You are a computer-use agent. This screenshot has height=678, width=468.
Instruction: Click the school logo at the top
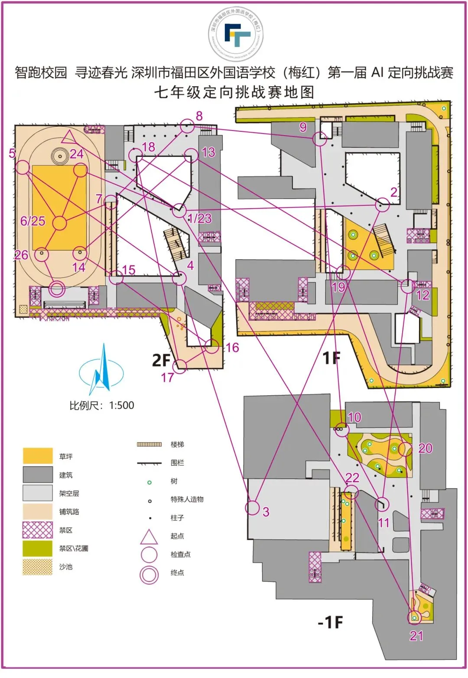[237, 34]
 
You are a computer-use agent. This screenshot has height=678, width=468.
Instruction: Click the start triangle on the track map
[68, 137]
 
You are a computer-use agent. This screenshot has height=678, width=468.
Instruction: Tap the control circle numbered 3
[253, 508]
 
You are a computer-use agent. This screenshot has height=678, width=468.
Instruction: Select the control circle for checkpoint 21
[415, 617]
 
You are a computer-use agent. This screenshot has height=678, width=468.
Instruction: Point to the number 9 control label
[303, 127]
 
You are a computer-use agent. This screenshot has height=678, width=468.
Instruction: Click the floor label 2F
[161, 360]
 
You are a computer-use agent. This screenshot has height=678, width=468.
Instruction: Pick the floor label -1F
[330, 623]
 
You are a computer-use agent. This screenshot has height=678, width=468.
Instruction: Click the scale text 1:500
[121, 405]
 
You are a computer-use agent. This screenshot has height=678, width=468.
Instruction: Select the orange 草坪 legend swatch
[38, 456]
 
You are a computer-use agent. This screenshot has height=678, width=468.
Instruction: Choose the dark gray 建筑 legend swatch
[38, 475]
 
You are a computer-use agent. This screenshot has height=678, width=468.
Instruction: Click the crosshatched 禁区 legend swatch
[38, 530]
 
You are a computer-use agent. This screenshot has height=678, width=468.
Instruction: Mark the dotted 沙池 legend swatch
[38, 567]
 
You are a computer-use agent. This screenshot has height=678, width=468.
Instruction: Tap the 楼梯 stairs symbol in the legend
[149, 444]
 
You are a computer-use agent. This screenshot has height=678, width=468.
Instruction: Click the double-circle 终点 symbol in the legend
[149, 575]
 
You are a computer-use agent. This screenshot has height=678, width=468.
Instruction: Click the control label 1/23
[200, 218]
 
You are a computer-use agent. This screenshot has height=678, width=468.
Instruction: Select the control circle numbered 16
[212, 346]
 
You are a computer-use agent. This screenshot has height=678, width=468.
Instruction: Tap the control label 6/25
[33, 221]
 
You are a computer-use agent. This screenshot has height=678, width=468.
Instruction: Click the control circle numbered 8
[187, 126]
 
